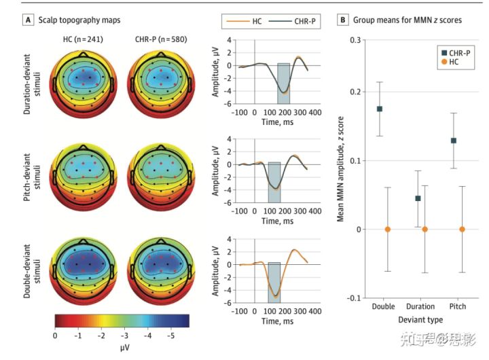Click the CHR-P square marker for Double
(380, 109)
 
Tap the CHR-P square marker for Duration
(418, 198)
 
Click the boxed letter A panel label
(27, 20)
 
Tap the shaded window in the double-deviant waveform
(274, 280)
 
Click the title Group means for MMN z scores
(405, 20)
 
